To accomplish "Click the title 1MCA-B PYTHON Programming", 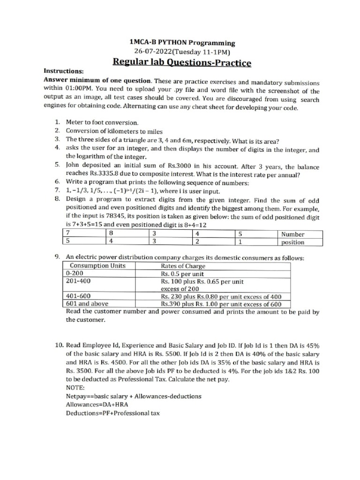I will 182,42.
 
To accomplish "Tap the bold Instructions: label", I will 63,72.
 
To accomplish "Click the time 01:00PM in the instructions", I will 82,91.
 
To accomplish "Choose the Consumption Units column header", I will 97,265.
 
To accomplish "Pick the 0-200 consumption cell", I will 75,273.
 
